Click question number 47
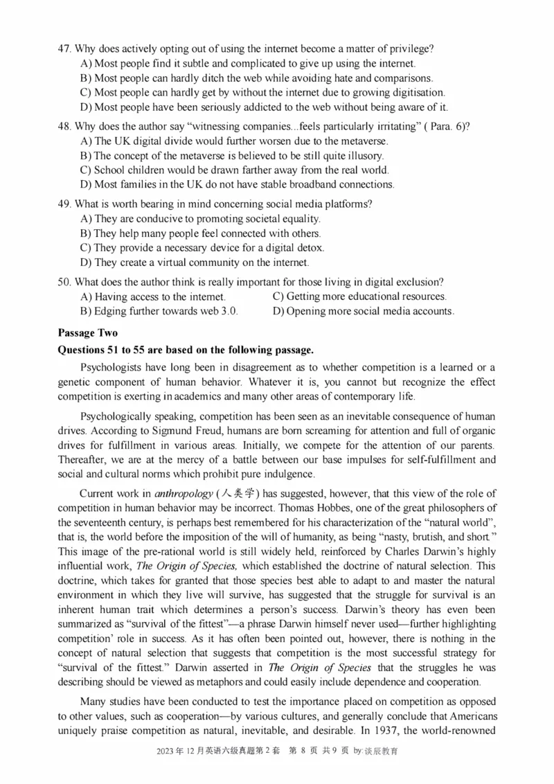tap(64, 48)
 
